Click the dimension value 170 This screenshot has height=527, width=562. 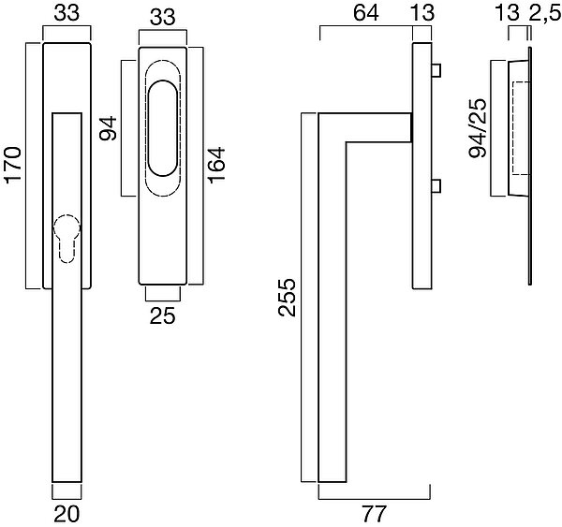14,165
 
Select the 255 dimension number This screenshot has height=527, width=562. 288,298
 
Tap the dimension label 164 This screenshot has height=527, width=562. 216,165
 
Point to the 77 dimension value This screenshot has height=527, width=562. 374,513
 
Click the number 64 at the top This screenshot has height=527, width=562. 366,13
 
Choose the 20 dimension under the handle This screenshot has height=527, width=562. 67,513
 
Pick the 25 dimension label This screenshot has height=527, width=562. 163,315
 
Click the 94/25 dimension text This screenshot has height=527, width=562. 478,128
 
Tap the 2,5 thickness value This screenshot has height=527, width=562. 544,14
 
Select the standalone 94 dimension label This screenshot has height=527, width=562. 109,128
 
